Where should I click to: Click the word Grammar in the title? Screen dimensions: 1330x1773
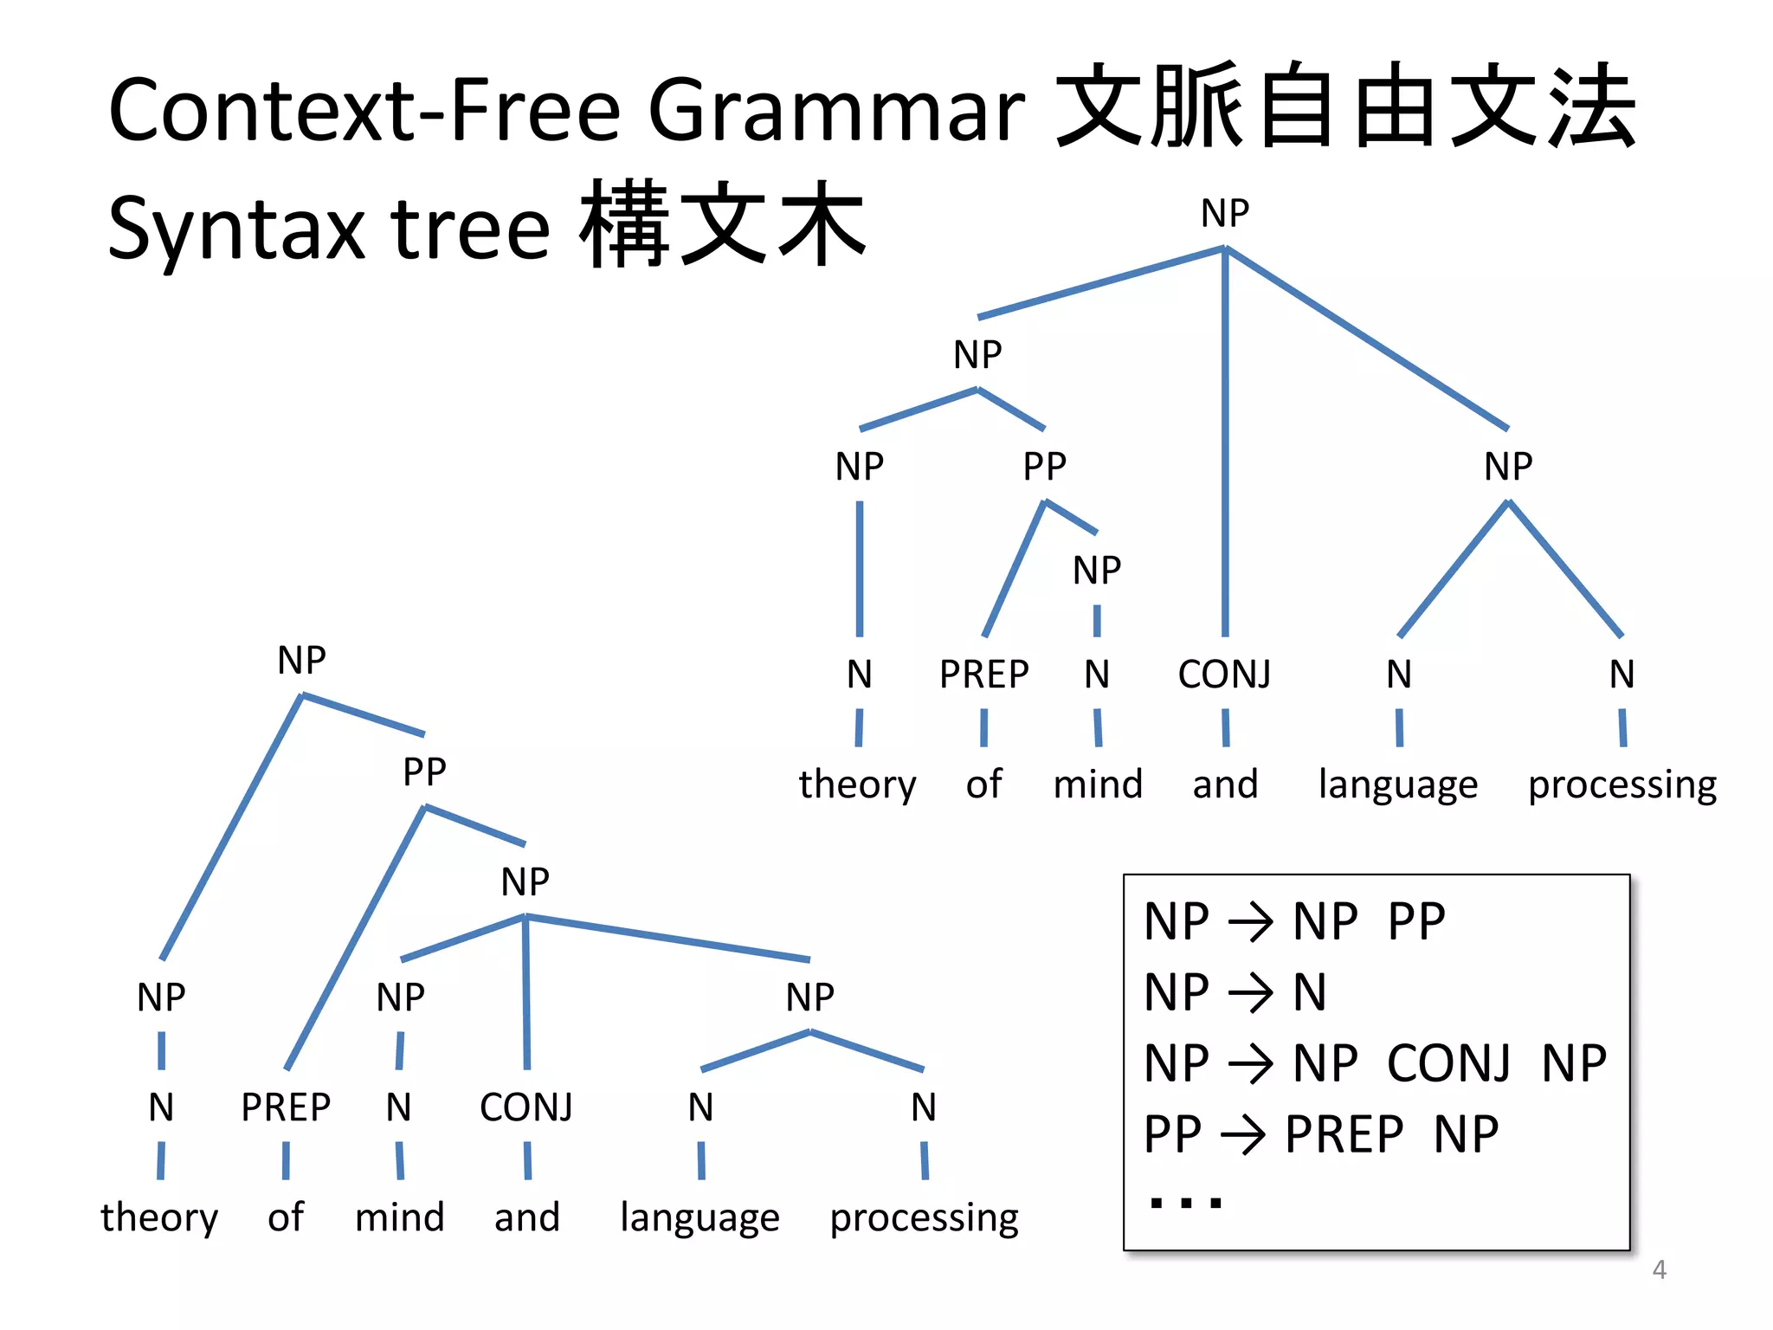point(836,111)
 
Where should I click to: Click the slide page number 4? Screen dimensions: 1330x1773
point(1659,1269)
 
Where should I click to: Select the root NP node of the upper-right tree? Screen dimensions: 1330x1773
point(1224,213)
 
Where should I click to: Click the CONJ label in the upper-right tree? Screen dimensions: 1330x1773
point(1224,675)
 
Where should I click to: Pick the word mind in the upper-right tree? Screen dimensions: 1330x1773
point(1098,784)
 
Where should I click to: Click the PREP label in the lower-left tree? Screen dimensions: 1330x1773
point(286,1107)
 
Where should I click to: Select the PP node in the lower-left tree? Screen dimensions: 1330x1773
point(424,772)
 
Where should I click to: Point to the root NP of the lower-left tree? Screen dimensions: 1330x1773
point(301,661)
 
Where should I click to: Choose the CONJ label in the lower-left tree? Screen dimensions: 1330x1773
point(526,1107)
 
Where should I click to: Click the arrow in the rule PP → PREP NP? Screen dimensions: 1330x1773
point(1242,1135)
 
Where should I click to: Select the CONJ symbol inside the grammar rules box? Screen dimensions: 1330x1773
point(1448,1063)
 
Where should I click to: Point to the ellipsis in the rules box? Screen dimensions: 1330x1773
point(1185,1202)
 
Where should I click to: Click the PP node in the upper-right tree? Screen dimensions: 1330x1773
point(1044,467)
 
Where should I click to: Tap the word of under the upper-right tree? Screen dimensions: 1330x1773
point(983,784)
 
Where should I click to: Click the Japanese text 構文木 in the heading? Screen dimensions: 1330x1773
point(722,225)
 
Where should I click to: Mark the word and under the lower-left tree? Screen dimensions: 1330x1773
point(526,1217)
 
